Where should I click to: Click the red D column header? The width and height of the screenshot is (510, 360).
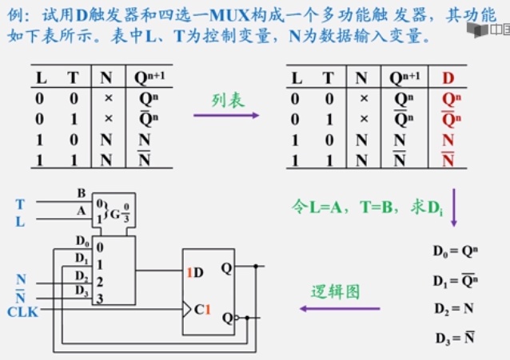(448, 77)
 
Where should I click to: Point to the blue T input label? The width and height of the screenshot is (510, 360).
(20, 206)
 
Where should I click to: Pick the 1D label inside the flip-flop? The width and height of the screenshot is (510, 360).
(195, 272)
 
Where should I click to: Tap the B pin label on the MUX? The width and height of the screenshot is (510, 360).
(81, 192)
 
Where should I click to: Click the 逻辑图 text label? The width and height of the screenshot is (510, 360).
(336, 291)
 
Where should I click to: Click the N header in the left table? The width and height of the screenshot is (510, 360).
(106, 78)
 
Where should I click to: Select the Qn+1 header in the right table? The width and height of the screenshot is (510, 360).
(404, 77)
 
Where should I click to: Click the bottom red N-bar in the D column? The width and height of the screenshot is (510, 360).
(448, 160)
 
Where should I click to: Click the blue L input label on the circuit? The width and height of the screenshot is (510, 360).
(20, 222)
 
